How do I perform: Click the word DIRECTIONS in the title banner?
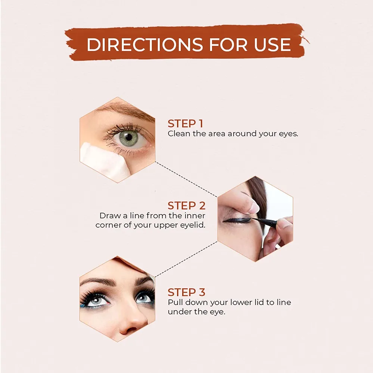click(144, 44)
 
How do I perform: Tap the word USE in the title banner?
click(273, 44)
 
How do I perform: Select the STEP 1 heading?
click(185, 124)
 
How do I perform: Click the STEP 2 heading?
click(187, 206)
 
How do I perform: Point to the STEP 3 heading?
click(186, 292)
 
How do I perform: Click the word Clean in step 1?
click(179, 134)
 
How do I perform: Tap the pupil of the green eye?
click(128, 137)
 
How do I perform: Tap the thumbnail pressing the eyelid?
click(254, 209)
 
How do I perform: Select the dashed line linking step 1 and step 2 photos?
click(186, 179)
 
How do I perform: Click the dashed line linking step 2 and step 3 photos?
click(186, 259)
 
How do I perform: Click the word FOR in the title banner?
click(228, 44)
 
